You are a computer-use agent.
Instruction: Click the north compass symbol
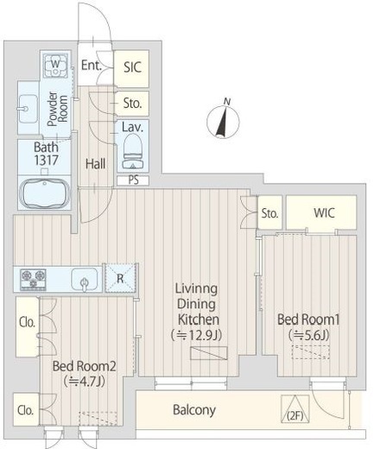point(223,120)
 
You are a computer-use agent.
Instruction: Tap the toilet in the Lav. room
point(133,152)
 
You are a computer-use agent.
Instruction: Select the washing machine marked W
point(56,66)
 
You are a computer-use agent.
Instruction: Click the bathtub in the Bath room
point(45,193)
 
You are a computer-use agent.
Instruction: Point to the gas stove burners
point(33,279)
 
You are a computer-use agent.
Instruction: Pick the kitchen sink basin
point(85,280)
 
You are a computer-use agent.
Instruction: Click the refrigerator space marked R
point(120,278)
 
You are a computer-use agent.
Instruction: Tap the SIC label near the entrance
point(133,67)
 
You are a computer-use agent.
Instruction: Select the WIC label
point(324,213)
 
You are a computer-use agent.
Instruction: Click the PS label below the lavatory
point(133,180)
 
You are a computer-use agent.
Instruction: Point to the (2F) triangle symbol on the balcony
point(295,409)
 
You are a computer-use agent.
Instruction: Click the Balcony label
point(194,410)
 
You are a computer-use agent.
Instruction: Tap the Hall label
point(95,164)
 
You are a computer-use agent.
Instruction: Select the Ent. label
point(92,66)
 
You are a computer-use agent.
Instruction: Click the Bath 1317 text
point(47,154)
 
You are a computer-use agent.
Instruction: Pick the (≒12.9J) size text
point(196,335)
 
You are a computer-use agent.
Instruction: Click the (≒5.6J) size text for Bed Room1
point(308,335)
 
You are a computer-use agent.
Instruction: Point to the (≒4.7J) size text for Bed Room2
point(84,382)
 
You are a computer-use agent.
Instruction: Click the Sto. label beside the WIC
point(269,213)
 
